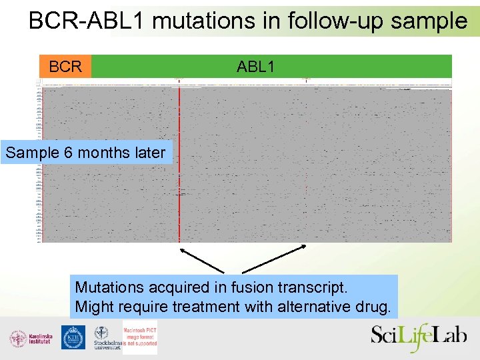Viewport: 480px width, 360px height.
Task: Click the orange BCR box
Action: [x=65, y=67]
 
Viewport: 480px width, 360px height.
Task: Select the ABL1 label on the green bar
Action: [x=255, y=67]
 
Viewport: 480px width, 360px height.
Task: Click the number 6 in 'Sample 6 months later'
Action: [x=68, y=153]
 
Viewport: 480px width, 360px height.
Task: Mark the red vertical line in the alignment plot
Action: [x=179, y=167]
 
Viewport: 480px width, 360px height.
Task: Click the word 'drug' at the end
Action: [x=375, y=307]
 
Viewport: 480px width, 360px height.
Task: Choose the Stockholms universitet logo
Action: [x=105, y=337]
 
